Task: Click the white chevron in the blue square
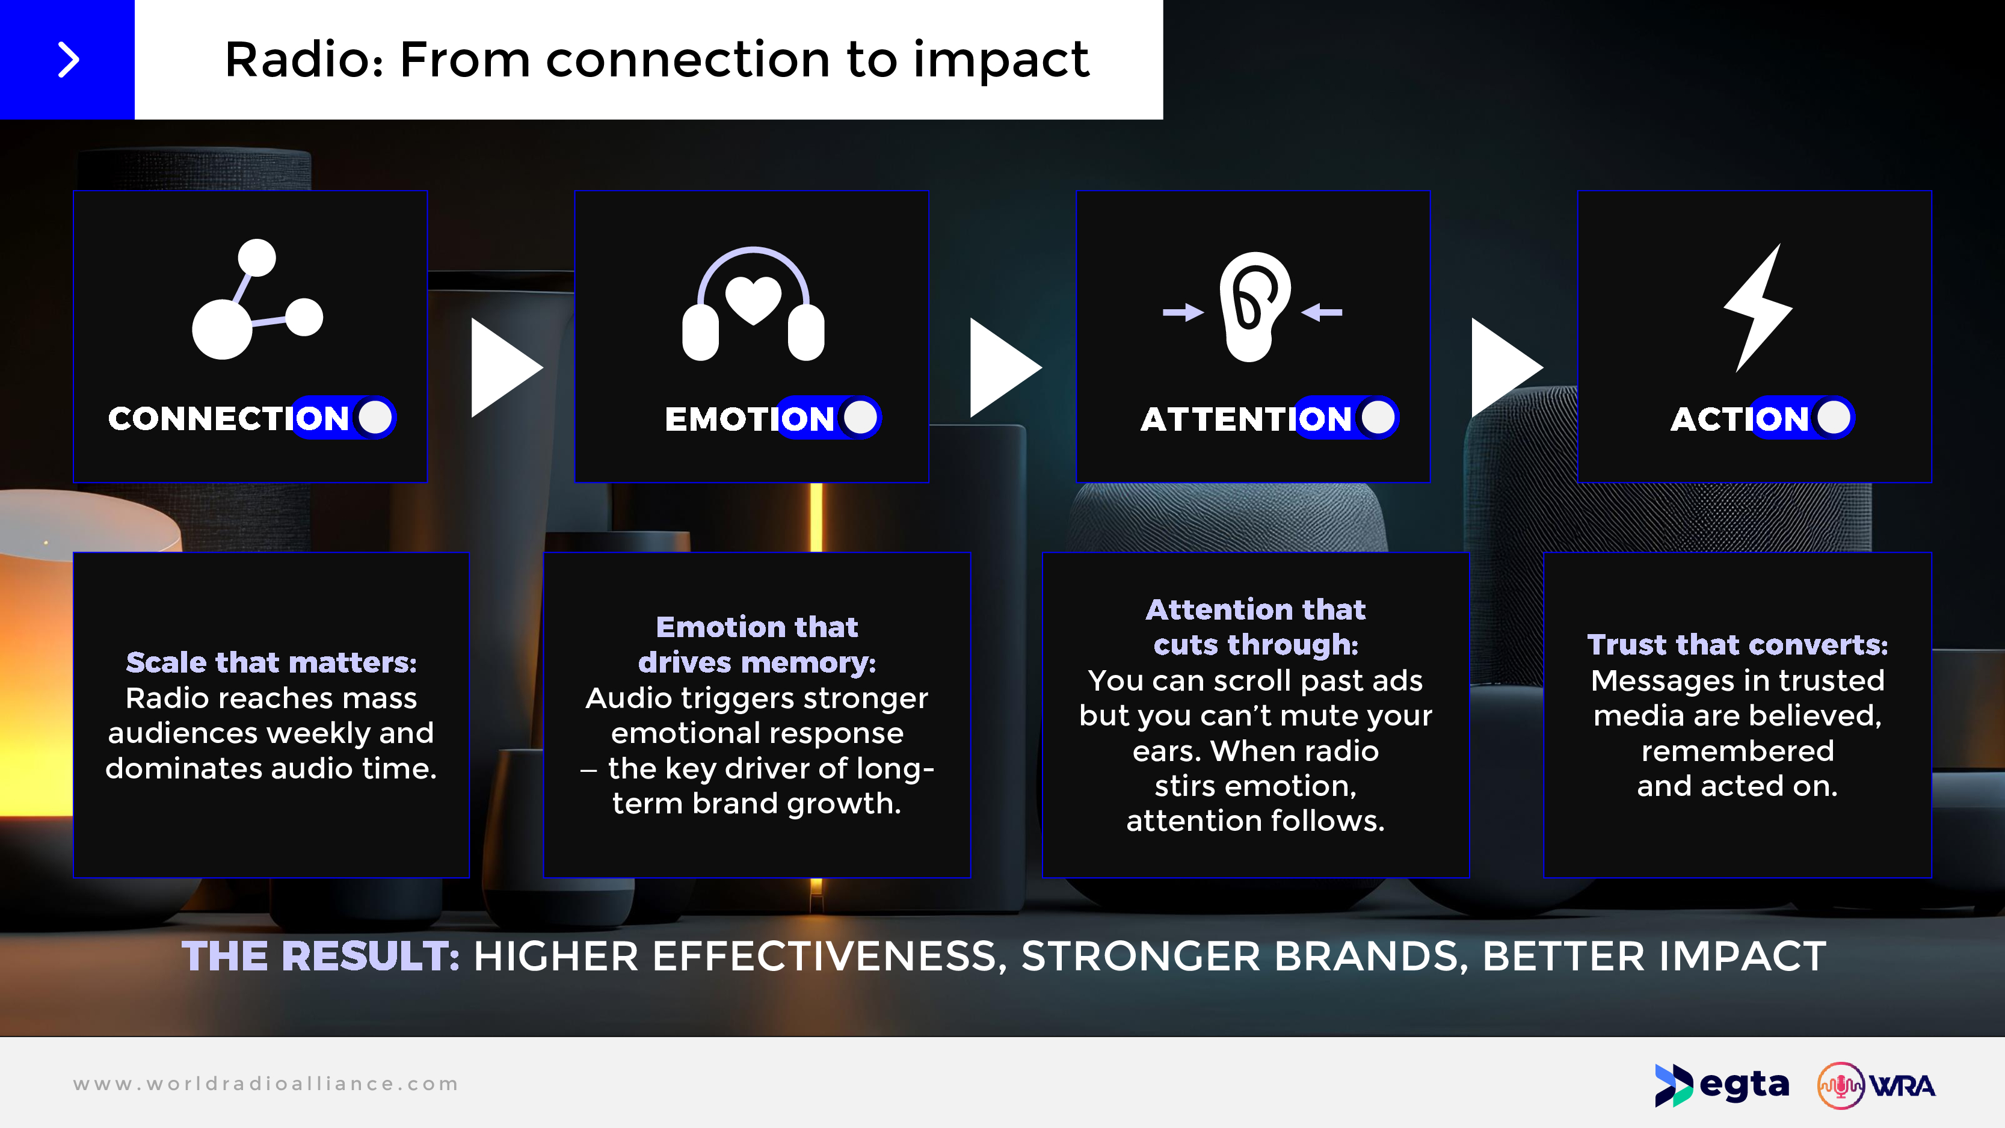[69, 60]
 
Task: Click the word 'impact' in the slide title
[1001, 60]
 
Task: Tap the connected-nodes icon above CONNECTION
[257, 299]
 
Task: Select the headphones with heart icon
[753, 304]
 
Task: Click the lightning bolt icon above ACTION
[1758, 307]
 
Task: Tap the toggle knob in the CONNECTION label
[375, 418]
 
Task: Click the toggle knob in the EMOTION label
[860, 418]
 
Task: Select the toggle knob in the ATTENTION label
[1378, 418]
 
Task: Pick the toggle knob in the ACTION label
[1833, 418]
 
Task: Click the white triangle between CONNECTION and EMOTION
[506, 368]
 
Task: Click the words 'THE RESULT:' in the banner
[321, 956]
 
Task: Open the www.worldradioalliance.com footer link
[266, 1083]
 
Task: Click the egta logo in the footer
[1722, 1085]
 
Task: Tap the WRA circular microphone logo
[1841, 1085]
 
